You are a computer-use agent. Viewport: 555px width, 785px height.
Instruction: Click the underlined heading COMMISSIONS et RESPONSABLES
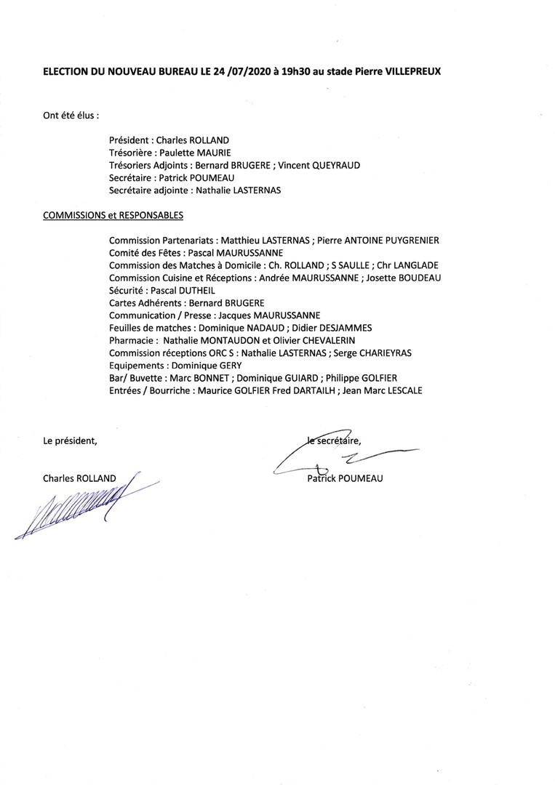(113, 215)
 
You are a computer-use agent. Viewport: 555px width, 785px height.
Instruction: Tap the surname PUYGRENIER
(404, 240)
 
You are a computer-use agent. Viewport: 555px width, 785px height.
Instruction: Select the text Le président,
(70, 440)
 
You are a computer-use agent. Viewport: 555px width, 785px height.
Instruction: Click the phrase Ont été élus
(71, 115)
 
